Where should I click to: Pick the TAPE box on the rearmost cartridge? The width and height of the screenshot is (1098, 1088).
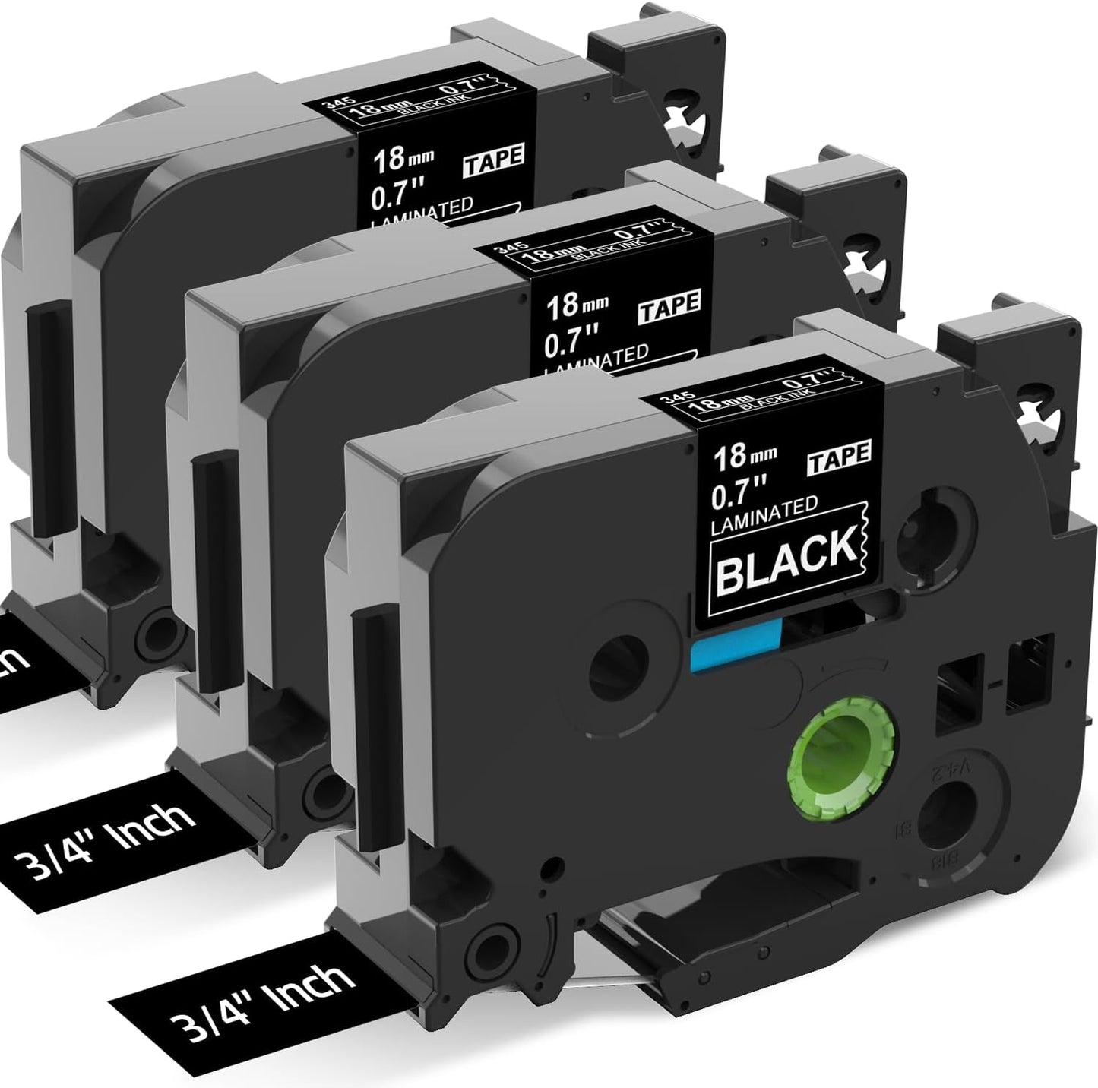[x=501, y=157]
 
